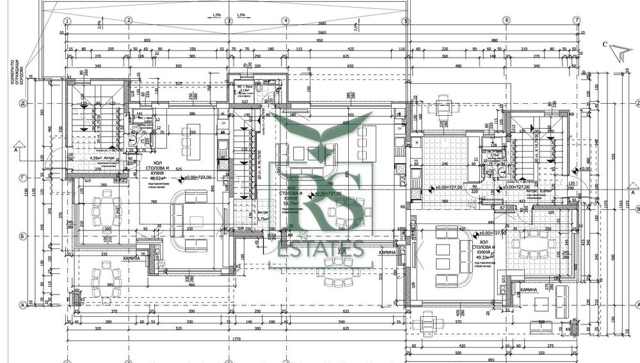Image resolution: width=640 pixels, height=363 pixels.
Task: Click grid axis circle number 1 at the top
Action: (x=67, y=20)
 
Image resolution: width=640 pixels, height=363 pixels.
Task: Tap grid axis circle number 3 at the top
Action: (x=228, y=20)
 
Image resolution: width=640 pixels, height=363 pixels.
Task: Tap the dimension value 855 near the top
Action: (x=147, y=40)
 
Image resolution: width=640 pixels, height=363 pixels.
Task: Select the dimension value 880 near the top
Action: (x=493, y=40)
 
